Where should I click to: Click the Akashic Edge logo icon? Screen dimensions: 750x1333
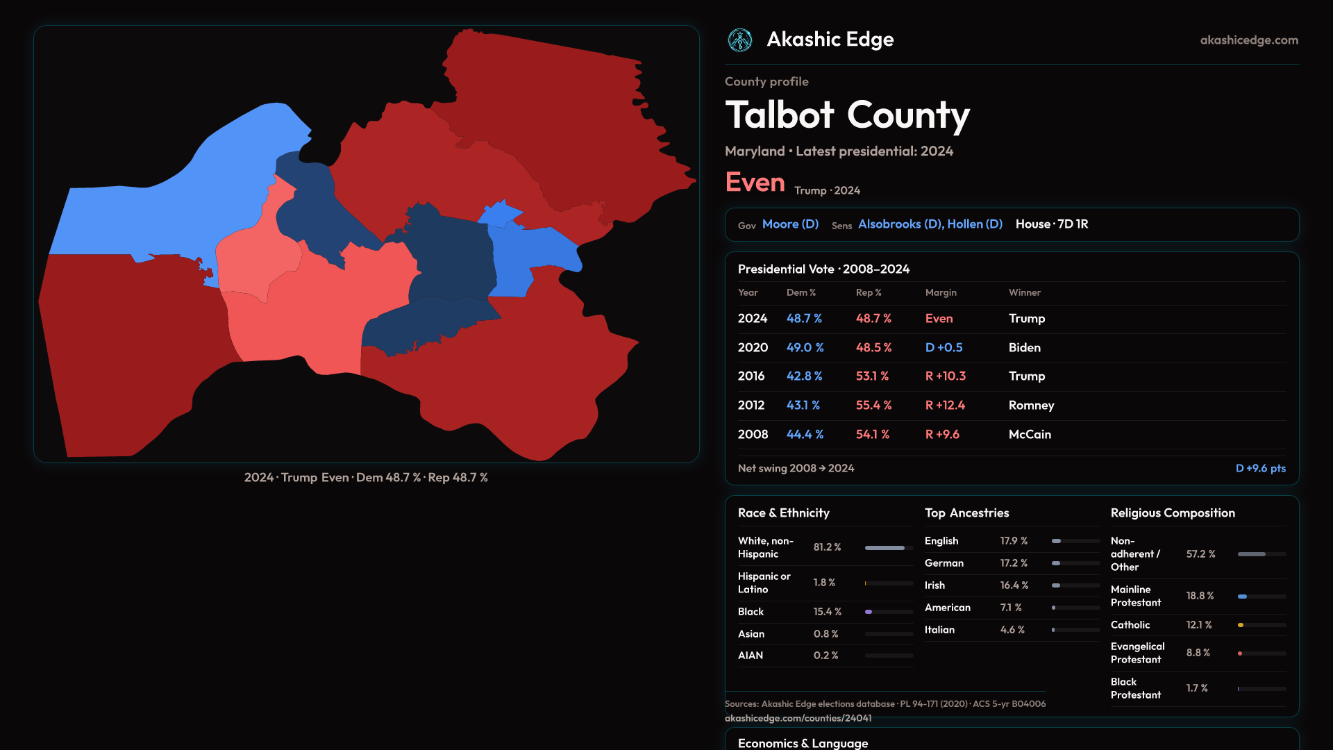(x=740, y=40)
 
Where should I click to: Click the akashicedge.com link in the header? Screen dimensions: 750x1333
(x=1249, y=40)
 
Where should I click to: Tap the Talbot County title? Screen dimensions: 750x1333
(x=847, y=115)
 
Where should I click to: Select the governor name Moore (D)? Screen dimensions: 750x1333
(x=790, y=224)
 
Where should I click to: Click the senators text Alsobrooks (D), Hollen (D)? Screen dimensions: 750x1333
(x=930, y=224)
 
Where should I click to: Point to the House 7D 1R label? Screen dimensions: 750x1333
(x=1052, y=224)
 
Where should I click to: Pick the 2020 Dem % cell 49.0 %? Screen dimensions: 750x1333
(x=805, y=347)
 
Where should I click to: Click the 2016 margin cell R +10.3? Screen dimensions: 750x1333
(x=945, y=376)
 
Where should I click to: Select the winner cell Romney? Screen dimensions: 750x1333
(x=1031, y=405)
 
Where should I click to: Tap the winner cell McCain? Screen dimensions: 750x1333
(x=1030, y=434)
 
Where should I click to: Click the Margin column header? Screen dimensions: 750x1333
(x=941, y=292)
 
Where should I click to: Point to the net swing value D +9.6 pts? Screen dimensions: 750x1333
(x=1260, y=468)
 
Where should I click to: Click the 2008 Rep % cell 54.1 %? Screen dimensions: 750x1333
(x=873, y=434)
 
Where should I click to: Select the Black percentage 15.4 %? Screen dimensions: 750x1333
(x=827, y=612)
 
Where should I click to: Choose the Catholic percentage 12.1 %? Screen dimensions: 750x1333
(x=1199, y=625)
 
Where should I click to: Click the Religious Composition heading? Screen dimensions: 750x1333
(x=1173, y=513)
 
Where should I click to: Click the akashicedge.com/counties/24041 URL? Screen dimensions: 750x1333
(x=798, y=718)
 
